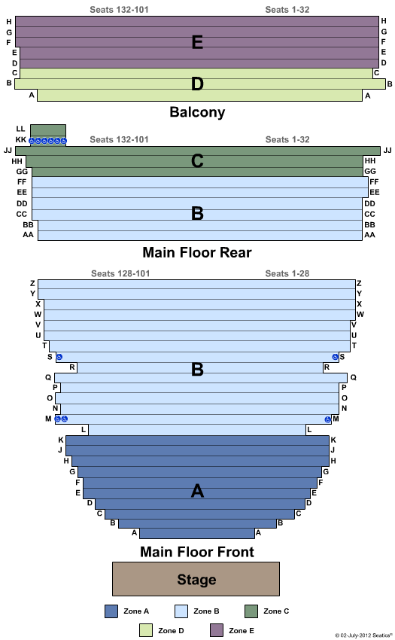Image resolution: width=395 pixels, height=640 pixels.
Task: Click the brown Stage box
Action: pos(196,579)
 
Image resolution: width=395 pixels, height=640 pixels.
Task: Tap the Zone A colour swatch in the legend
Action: pos(111,611)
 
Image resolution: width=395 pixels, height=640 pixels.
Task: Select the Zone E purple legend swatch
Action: pos(216,630)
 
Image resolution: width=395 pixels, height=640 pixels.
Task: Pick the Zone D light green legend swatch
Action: pos(146,630)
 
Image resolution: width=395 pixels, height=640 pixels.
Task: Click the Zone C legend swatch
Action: pos(251,611)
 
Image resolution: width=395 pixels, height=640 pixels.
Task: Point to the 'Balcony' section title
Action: pos(197,112)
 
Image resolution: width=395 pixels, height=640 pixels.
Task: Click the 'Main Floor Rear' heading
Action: pos(196,252)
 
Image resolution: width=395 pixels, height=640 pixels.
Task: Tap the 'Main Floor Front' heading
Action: pos(196,552)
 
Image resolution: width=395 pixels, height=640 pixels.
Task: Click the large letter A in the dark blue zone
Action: pos(197,491)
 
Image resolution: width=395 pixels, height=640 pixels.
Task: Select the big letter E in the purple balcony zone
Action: pos(197,42)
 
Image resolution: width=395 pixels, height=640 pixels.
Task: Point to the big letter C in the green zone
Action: pos(197,161)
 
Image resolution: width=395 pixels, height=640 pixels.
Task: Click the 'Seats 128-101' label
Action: pos(120,273)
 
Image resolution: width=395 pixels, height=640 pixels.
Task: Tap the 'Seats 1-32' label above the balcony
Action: pos(287,10)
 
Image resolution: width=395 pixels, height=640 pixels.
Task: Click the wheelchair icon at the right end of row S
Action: pos(335,357)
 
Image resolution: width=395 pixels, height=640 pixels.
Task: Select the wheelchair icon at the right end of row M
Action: pos(328,419)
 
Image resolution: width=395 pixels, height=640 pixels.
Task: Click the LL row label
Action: pos(20,129)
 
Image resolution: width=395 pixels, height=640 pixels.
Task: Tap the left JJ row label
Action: pos(8,150)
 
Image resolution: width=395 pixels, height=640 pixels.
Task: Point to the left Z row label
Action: pos(32,283)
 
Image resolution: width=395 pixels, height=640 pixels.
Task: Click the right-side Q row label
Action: pos(354,377)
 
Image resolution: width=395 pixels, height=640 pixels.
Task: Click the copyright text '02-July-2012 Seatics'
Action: pos(363,635)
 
